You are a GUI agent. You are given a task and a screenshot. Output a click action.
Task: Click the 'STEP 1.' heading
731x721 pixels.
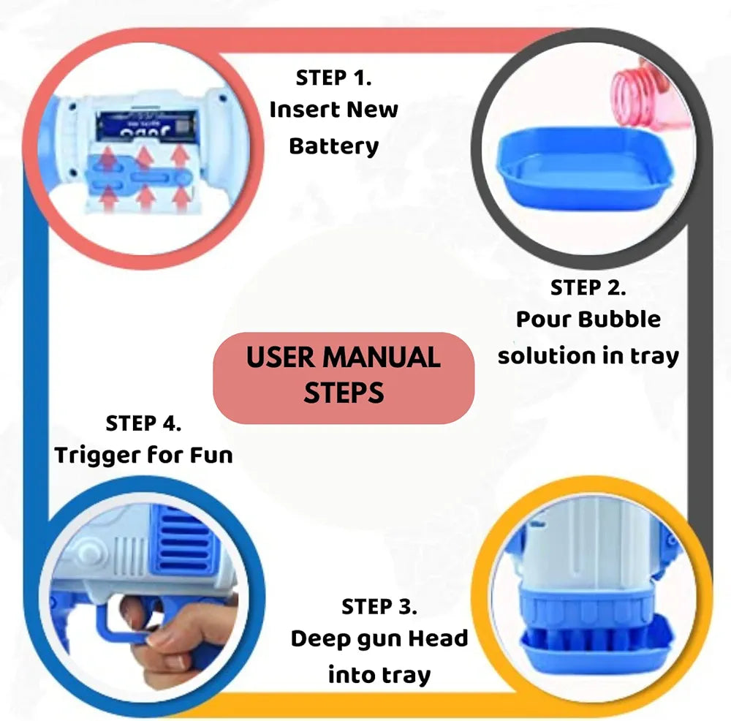point(334,78)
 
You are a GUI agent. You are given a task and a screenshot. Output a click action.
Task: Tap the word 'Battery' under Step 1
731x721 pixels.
point(334,146)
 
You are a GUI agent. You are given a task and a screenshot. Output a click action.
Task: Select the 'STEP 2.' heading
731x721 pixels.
point(588,288)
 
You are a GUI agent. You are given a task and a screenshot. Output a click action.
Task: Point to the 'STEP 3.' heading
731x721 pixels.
point(379,607)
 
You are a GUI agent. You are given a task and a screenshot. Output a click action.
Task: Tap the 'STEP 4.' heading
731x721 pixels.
point(143,423)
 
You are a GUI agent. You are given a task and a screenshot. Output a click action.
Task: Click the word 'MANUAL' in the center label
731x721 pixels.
point(382,358)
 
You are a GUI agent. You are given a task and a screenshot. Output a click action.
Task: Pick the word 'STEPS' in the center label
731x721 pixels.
point(344,393)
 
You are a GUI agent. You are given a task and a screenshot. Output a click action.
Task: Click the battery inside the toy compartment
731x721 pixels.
point(146,126)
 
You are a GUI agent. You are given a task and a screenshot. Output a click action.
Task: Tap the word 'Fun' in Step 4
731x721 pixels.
point(211,456)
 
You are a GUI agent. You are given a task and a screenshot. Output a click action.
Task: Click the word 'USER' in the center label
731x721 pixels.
point(280,358)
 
